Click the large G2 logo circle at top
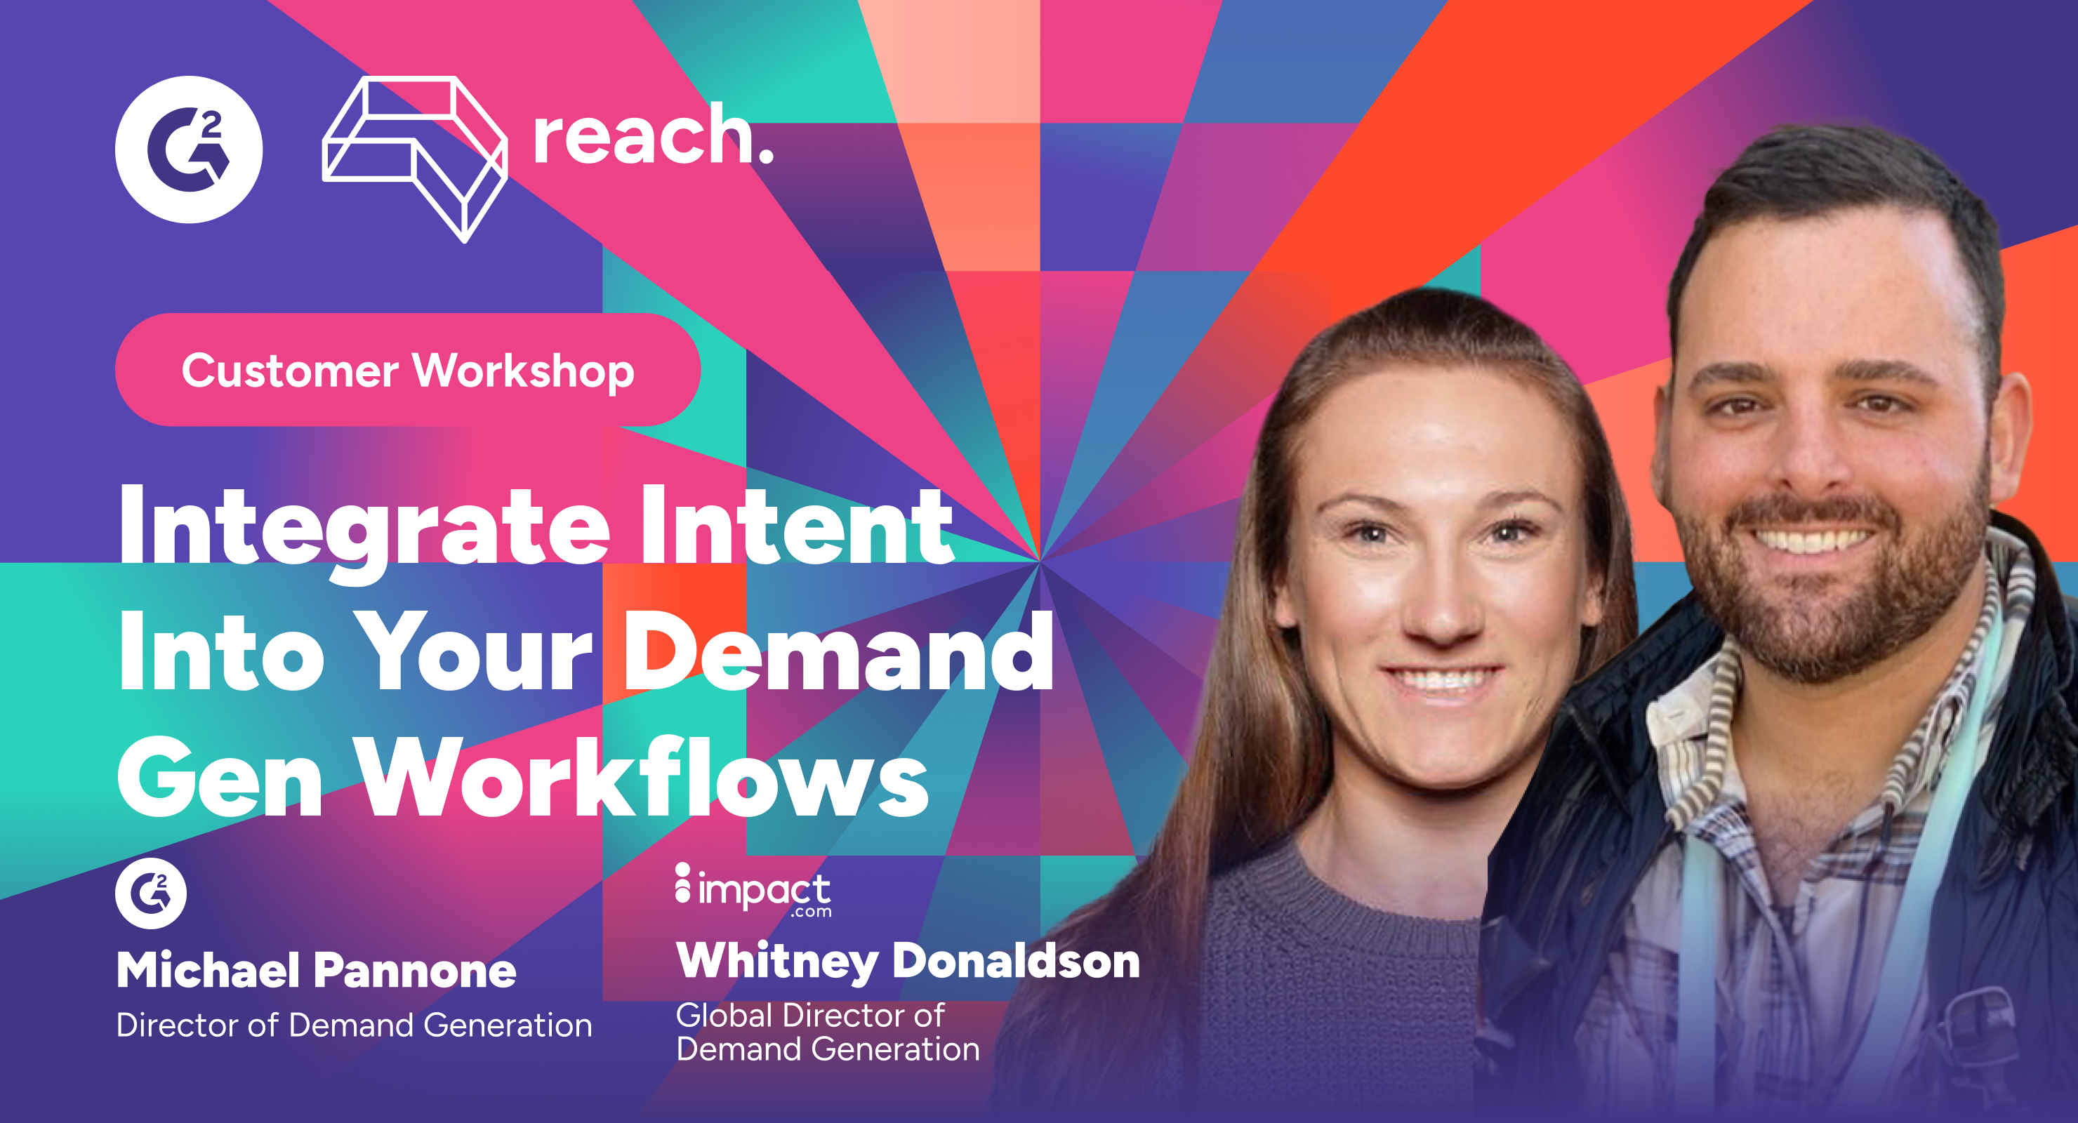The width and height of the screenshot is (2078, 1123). tap(189, 149)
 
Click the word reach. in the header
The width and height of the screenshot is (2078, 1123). tap(651, 137)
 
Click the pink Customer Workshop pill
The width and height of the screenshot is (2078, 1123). tap(407, 371)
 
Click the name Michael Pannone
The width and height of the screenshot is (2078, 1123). tap(316, 970)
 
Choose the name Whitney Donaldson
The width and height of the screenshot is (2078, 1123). tap(908, 961)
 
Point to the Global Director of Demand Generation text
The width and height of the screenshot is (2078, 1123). tap(827, 1032)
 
